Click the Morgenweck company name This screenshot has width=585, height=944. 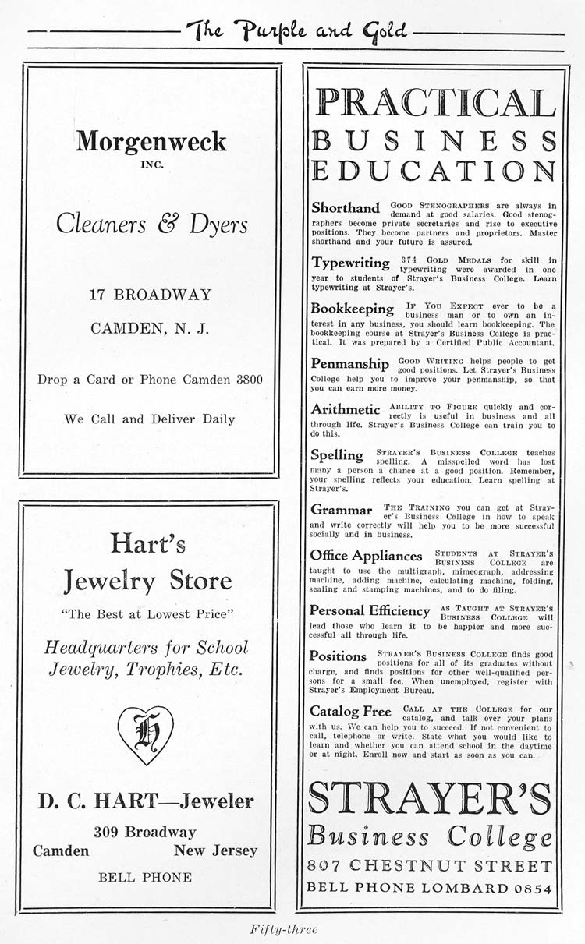pos(151,141)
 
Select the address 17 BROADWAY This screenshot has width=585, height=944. pos(151,295)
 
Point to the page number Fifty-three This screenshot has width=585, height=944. pos(284,928)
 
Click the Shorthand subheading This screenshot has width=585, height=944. pos(346,208)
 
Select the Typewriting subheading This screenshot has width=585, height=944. pos(350,263)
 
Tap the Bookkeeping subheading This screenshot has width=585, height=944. pos(353,309)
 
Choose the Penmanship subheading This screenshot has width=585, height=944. pos(349,363)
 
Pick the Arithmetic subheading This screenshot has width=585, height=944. pos(346,409)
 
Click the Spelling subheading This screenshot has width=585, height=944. pos(337,454)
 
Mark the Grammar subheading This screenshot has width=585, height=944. pos(342,509)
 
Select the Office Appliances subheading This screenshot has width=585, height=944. pos(366,556)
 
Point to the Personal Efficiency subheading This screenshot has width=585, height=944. pos(370,610)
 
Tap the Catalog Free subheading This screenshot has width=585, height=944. pos(350,711)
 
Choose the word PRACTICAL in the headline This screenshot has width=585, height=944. pos(433,104)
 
